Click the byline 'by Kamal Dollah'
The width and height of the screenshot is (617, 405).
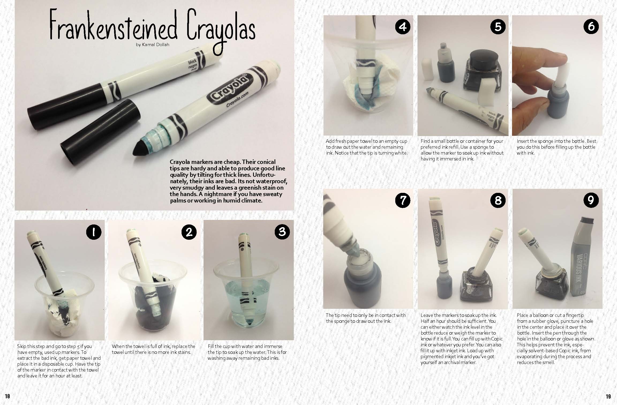(x=152, y=45)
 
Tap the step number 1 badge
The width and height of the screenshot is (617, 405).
(x=94, y=232)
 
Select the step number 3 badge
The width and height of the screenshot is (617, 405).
(x=282, y=232)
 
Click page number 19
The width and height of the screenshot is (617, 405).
(x=608, y=396)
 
